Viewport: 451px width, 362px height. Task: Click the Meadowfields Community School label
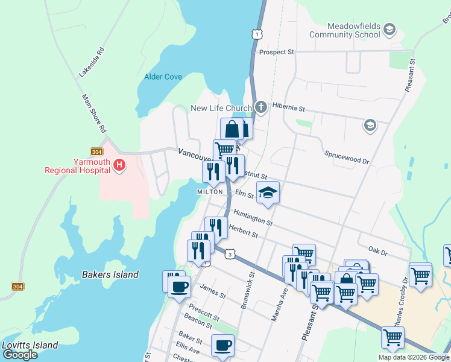click(x=345, y=31)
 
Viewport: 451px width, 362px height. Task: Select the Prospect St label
click(x=276, y=52)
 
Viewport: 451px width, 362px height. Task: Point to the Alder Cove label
click(x=163, y=77)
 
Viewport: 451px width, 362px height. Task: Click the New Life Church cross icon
click(x=260, y=108)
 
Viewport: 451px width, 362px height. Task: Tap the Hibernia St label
click(x=289, y=109)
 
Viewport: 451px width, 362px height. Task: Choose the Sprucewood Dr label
click(x=346, y=157)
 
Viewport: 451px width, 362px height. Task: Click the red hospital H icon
click(x=119, y=164)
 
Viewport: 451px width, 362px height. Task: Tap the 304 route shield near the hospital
click(x=96, y=151)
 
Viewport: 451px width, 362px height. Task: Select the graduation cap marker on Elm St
click(x=268, y=193)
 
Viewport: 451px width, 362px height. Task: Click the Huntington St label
click(x=253, y=218)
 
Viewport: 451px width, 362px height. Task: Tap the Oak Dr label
click(x=377, y=249)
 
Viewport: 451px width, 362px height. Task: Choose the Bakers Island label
click(x=110, y=275)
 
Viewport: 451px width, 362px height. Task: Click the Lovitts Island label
click(x=30, y=346)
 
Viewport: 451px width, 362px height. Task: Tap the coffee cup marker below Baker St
click(x=222, y=346)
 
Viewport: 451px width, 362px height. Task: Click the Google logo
click(x=20, y=355)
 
